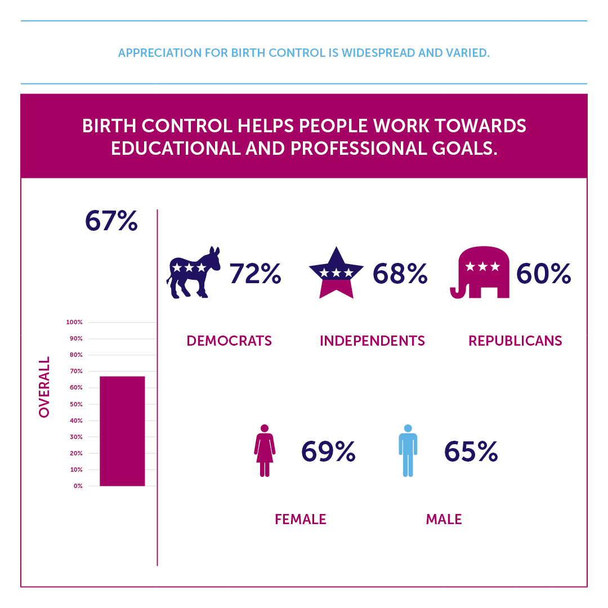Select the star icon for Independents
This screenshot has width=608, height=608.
[x=336, y=272]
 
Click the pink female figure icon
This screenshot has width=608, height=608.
[x=265, y=451]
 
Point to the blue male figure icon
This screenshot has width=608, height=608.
[x=408, y=451]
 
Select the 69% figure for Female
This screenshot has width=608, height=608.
[x=328, y=451]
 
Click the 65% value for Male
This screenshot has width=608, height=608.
[x=471, y=451]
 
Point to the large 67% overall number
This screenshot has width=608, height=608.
[x=111, y=221]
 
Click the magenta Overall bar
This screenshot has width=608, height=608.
[x=122, y=431]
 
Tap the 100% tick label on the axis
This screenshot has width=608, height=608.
[x=74, y=323]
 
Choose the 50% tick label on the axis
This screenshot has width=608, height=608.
[x=76, y=404]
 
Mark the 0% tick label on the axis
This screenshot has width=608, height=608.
[x=78, y=486]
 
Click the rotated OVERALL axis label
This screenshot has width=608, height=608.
[x=44, y=387]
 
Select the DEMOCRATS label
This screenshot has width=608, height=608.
[x=229, y=341]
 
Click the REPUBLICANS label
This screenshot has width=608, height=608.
[x=515, y=341]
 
